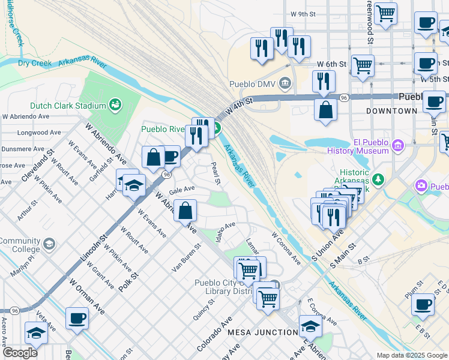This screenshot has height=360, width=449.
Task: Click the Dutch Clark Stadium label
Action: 68,106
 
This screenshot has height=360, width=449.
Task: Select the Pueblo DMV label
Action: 252,83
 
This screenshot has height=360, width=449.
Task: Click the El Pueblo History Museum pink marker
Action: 397,145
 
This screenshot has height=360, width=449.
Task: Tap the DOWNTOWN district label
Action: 394,111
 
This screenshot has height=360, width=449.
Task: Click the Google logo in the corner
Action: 20,353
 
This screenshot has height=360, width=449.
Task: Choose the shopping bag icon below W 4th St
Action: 325,110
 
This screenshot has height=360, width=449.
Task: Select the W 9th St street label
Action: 303,13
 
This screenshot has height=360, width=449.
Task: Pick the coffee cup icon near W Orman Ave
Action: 77,319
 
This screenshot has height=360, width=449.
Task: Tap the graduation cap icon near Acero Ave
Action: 37,333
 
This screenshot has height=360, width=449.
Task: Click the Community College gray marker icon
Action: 49,244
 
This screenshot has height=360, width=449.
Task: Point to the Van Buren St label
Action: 186,259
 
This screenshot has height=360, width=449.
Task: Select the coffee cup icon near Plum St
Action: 423,304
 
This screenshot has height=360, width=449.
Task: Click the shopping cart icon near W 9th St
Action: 385,13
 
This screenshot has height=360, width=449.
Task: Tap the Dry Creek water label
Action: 33,62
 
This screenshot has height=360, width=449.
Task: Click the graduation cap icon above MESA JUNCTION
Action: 310,326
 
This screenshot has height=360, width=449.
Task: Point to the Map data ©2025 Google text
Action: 411,355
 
